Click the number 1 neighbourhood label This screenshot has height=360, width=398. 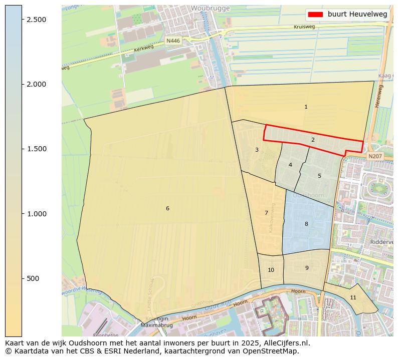306,107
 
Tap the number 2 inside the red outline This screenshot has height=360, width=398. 313,140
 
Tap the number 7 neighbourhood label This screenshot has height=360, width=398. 266,213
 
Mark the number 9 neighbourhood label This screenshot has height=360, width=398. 307,268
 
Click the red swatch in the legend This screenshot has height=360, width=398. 316,15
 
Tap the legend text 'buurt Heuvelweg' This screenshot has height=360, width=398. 357,15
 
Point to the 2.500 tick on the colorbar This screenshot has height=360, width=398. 36,19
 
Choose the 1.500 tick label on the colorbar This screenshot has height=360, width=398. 36,149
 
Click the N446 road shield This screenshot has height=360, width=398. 173,40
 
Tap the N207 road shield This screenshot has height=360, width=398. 374,156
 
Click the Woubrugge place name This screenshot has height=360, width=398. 210,9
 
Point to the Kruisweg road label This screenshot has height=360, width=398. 305,27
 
